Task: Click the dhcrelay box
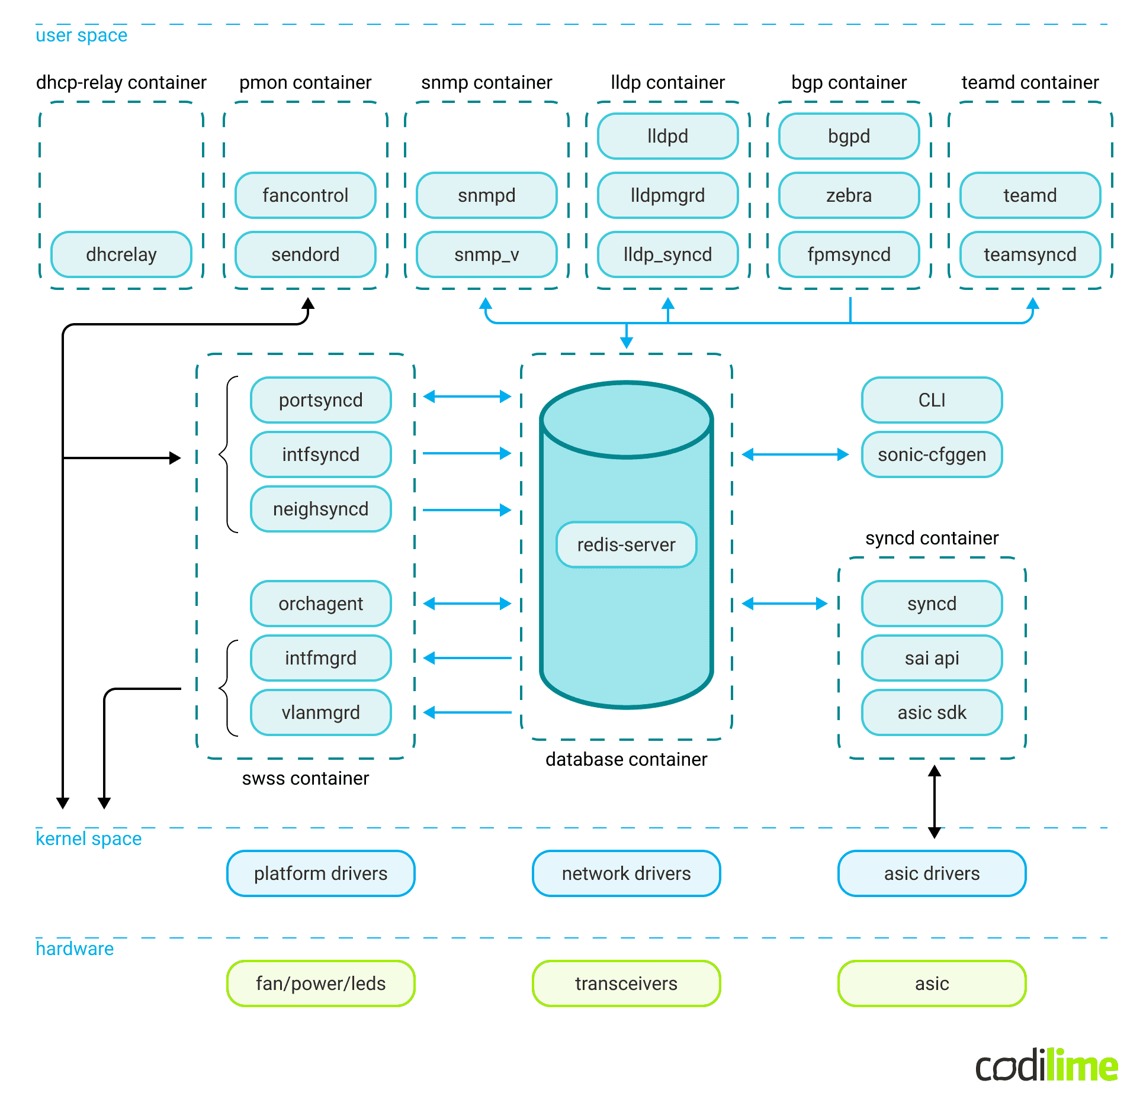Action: pos(121,254)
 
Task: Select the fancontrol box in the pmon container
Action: pos(305,195)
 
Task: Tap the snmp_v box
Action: pos(486,254)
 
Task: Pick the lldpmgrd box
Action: pos(667,195)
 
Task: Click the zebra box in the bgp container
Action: pos(849,195)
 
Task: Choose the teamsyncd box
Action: pos(1030,254)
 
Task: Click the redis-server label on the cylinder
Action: pos(626,544)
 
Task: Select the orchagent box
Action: pos(320,604)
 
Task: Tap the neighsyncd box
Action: pos(320,509)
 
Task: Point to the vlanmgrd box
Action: pos(320,712)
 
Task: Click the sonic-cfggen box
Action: pos(932,454)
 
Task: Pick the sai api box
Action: pos(932,658)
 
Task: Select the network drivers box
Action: pos(626,873)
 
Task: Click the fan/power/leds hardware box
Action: pos(320,983)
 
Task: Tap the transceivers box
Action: pos(626,983)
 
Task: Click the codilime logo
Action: pos(1046,1065)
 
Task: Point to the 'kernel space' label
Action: pos(89,838)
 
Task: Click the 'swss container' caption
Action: pos(305,778)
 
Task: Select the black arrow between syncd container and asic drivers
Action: pos(935,802)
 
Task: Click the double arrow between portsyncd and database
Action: pos(467,396)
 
